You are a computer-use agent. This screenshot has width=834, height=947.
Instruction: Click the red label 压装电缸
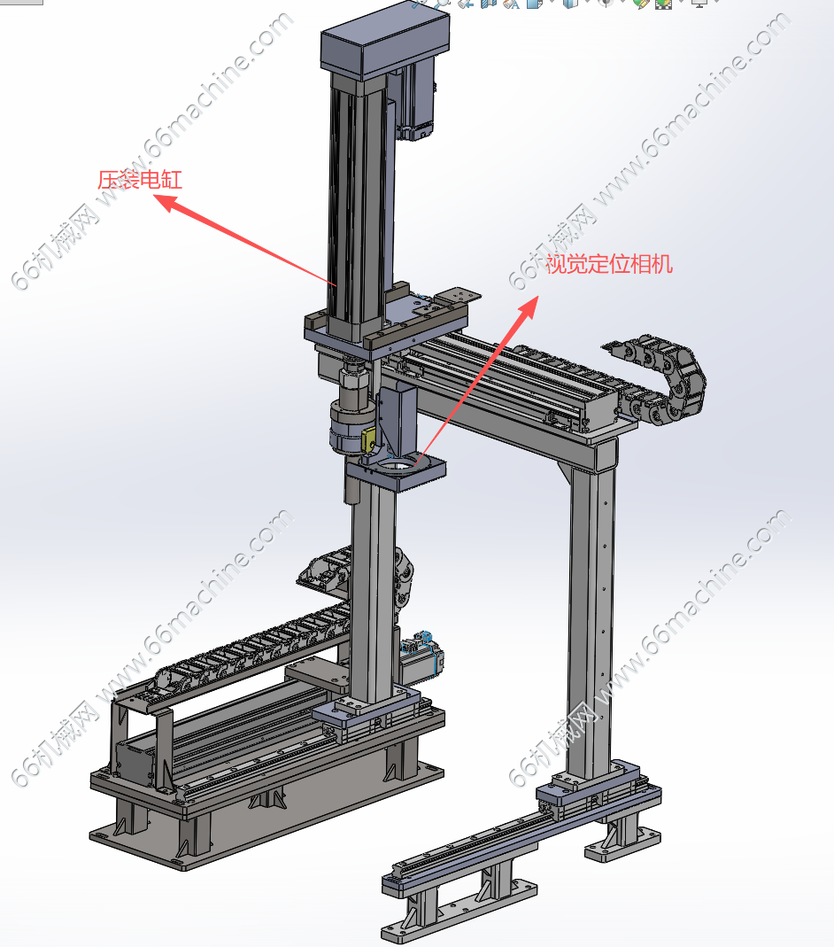click(x=139, y=180)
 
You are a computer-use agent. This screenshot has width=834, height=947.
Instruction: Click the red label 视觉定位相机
click(x=609, y=264)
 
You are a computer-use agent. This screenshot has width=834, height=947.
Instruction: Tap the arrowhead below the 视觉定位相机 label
click(x=528, y=307)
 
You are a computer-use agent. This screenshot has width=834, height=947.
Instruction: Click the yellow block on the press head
click(x=368, y=439)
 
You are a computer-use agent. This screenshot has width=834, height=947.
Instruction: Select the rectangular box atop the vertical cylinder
click(x=385, y=44)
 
